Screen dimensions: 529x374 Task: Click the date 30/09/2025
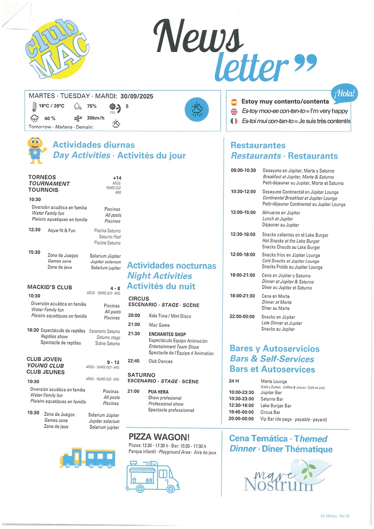pos(137,96)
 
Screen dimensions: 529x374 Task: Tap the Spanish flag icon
pos(234,101)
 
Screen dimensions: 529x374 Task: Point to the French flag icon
pos(234,121)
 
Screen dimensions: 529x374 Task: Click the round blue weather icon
pos(197,109)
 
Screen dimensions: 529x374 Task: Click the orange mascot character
pos(36,149)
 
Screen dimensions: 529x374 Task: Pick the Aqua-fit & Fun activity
pos(62,230)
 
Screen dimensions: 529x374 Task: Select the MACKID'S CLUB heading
pos(49,287)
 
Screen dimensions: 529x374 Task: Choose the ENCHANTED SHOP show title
pos(167,334)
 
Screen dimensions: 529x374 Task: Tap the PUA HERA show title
pos(158,392)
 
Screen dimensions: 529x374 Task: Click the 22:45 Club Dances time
pos(134,361)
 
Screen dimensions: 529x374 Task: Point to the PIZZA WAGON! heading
pos(159,437)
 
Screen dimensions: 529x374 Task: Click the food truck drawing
pos(152,476)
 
